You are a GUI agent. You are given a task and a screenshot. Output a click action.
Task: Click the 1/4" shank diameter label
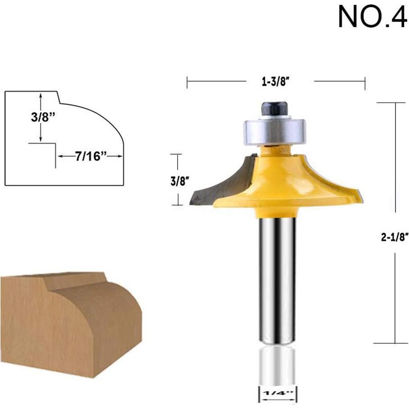click(277, 393)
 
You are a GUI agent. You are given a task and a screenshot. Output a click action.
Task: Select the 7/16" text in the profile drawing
click(88, 156)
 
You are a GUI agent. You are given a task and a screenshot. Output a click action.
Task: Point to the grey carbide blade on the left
click(212, 185)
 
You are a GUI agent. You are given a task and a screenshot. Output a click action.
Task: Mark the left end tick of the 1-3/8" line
click(187, 82)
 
